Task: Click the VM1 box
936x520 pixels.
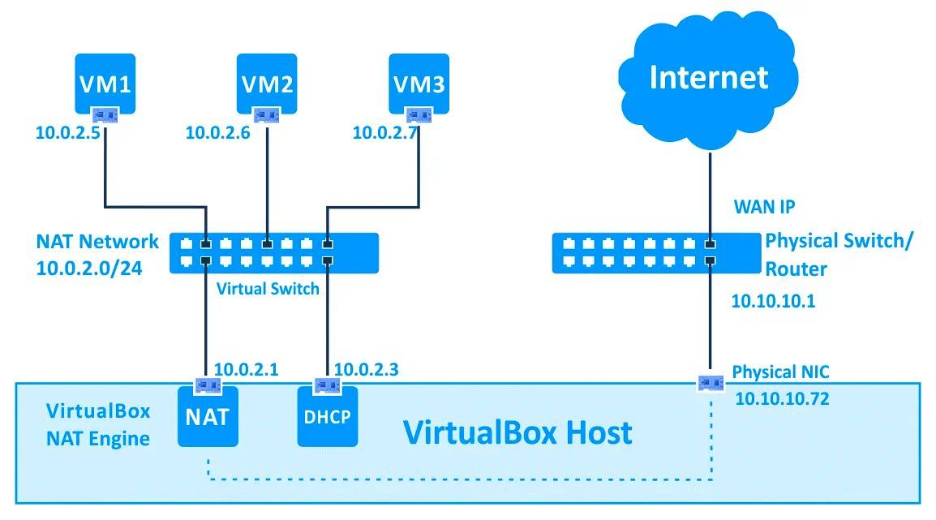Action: tap(105, 84)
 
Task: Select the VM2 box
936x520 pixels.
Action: tap(267, 84)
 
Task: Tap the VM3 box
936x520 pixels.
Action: tap(419, 84)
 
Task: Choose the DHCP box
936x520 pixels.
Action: tap(328, 417)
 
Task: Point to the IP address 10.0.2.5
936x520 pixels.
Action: tap(67, 132)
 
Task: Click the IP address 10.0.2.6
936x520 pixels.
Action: tap(217, 132)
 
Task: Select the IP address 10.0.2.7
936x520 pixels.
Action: tap(384, 132)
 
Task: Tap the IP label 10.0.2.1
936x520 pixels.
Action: tap(246, 370)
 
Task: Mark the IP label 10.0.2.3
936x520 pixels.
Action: tap(366, 370)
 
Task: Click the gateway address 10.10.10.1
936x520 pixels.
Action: tap(773, 302)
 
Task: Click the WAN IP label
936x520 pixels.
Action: tap(764, 207)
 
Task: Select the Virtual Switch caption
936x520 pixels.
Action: tap(268, 288)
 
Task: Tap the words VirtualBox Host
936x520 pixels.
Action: tap(517, 432)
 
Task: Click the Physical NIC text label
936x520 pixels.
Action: tap(780, 372)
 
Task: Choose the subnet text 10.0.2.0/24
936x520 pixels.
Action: tap(89, 269)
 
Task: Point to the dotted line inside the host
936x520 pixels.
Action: tap(454, 479)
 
